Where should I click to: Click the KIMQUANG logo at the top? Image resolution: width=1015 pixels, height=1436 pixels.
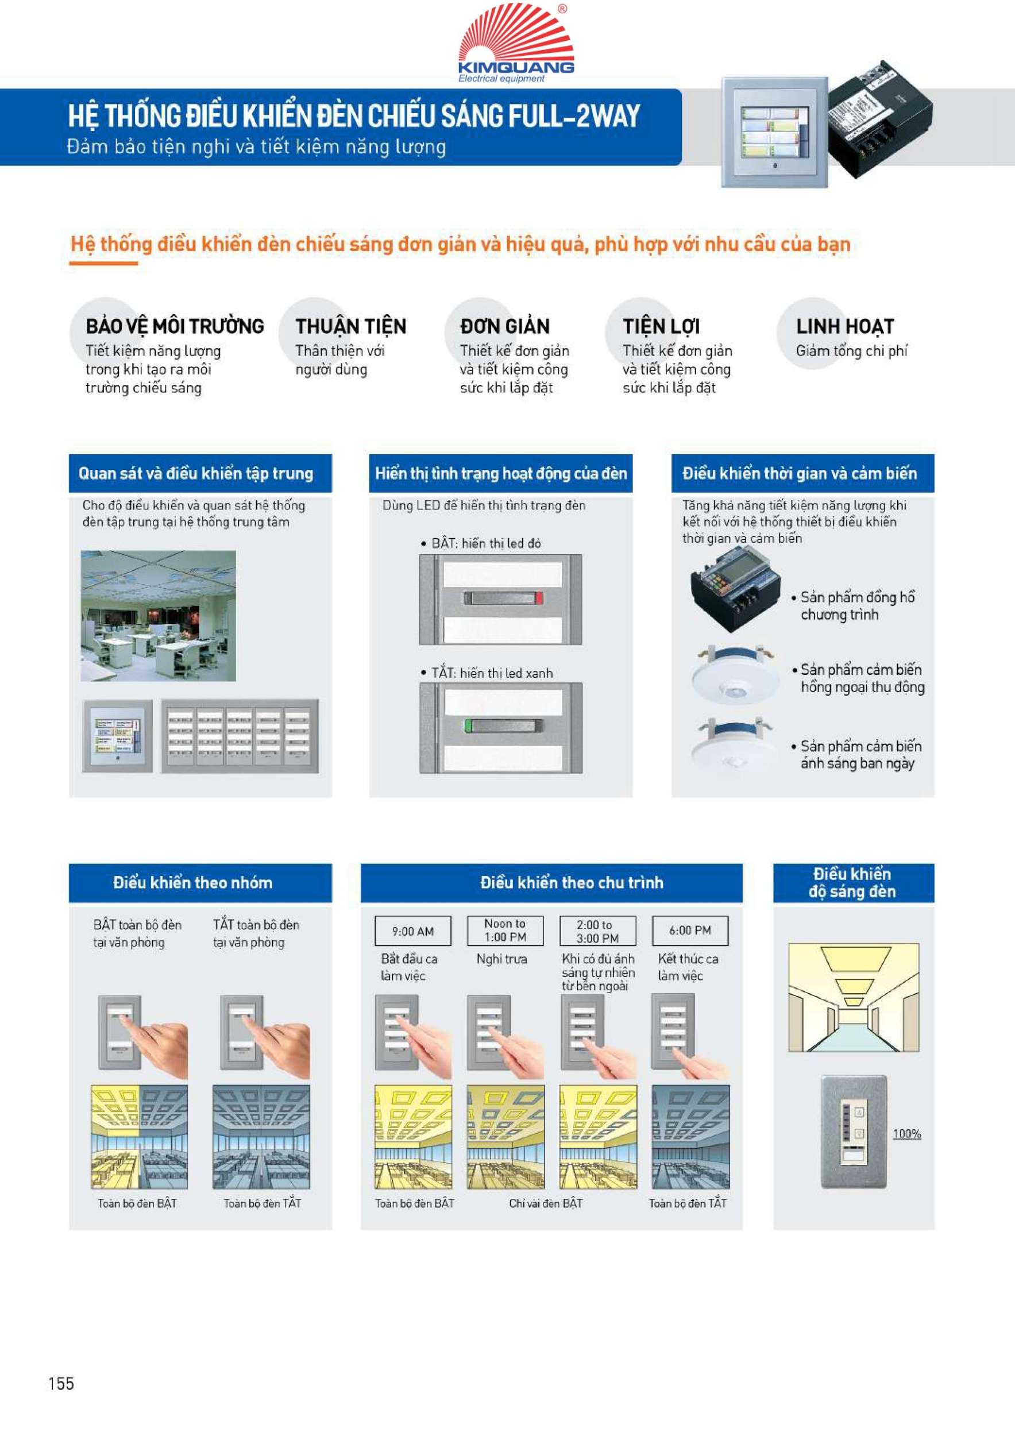click(x=516, y=43)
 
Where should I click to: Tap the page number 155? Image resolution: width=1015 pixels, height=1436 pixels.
click(x=61, y=1384)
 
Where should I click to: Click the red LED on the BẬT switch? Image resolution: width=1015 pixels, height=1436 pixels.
click(x=539, y=598)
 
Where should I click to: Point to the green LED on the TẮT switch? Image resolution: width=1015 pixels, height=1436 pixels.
click(x=467, y=726)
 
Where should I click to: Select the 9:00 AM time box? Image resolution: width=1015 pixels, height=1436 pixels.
click(x=413, y=931)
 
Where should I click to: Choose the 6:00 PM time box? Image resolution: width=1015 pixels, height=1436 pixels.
click(x=690, y=930)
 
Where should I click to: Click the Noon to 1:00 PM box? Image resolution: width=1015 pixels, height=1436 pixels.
click(x=505, y=930)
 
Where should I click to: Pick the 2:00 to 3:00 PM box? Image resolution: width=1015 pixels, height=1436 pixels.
click(x=597, y=931)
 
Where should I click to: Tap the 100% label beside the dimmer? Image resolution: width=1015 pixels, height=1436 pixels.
click(x=907, y=1133)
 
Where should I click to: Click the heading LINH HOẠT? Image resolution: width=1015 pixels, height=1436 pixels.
click(x=845, y=326)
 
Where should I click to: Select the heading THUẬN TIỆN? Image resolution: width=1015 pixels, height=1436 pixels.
click(x=351, y=326)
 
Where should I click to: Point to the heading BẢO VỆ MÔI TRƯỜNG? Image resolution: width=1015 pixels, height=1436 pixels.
click(x=175, y=326)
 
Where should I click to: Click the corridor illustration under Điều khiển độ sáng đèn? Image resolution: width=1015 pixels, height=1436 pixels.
click(x=854, y=998)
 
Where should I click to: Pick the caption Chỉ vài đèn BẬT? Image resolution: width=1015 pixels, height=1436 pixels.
click(x=545, y=1203)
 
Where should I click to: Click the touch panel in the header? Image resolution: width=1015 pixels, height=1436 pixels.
click(x=775, y=132)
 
